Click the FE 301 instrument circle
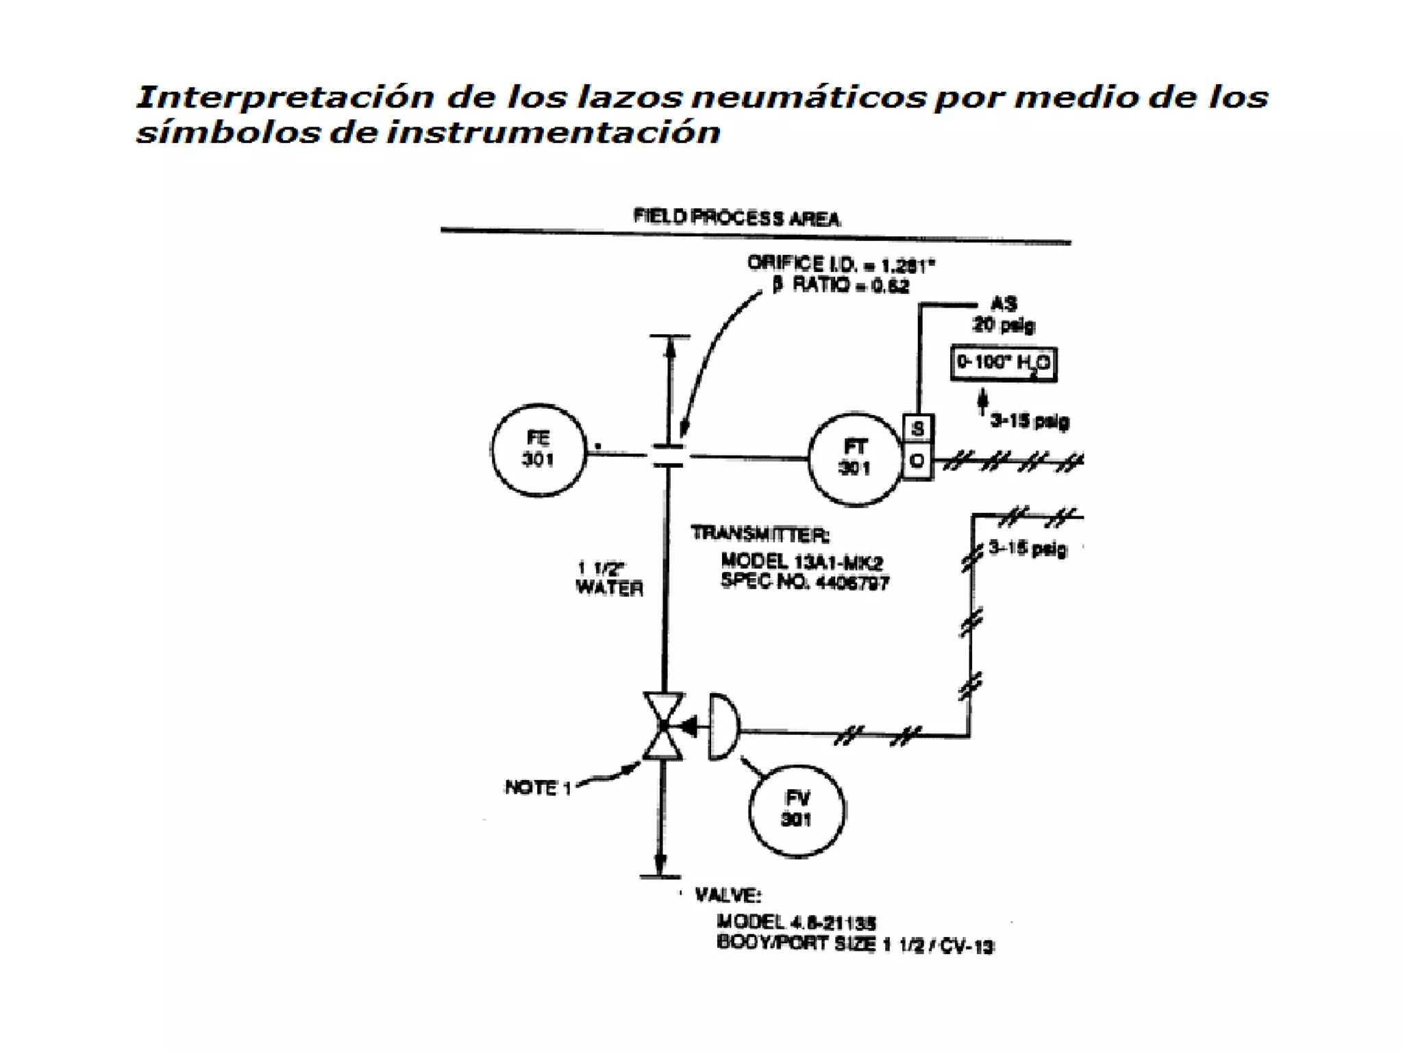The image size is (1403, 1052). [538, 450]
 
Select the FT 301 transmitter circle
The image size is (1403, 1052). [855, 458]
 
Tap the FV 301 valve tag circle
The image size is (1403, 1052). [797, 810]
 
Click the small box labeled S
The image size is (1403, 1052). [918, 429]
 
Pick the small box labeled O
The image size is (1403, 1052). [918, 462]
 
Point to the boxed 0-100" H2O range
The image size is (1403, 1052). [1004, 363]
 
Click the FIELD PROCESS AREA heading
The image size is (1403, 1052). [736, 218]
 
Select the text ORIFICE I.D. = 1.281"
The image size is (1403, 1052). [841, 264]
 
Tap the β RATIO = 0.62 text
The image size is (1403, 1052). [841, 285]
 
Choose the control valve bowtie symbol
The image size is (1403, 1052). [663, 726]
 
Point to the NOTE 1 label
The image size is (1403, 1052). [538, 788]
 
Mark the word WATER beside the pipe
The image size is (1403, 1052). [609, 588]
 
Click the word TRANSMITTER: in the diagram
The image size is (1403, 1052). [759, 533]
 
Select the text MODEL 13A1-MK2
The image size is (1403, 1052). [802, 562]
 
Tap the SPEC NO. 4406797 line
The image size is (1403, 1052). [805, 582]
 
